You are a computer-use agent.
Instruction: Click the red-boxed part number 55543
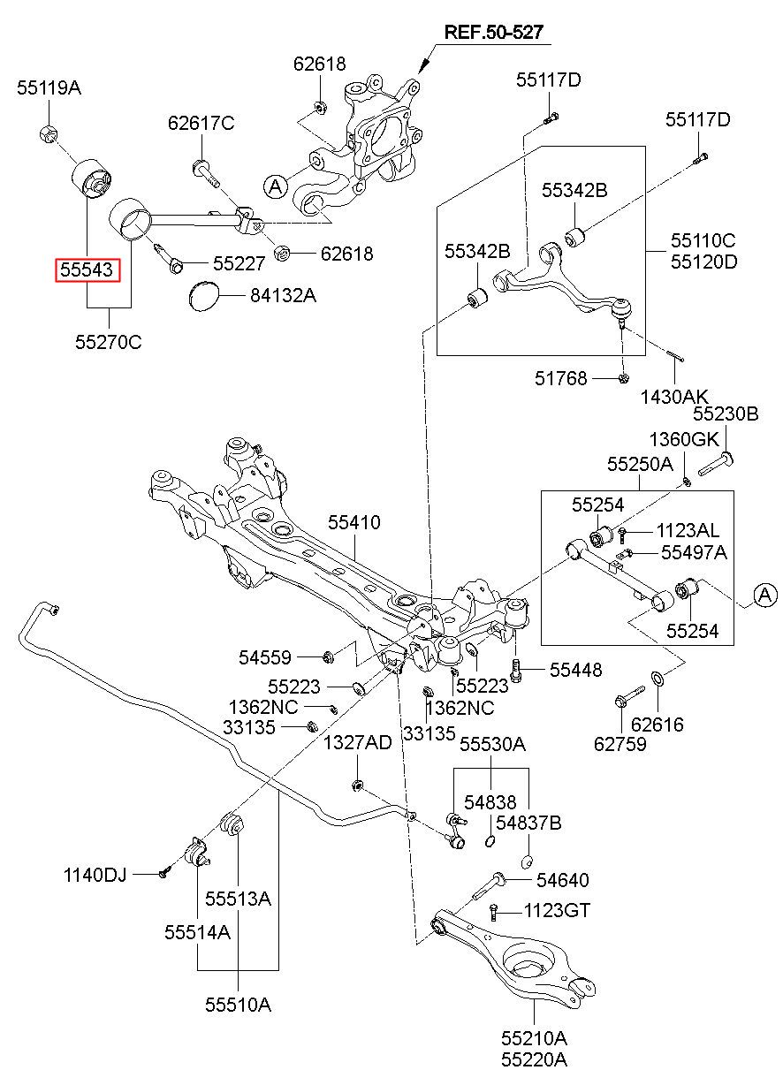tap(87, 269)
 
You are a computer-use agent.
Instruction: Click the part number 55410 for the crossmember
tap(354, 522)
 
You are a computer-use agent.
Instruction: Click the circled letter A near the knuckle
tap(276, 186)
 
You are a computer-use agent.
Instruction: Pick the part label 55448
tap(575, 670)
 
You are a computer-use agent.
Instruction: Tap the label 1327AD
tap(356, 742)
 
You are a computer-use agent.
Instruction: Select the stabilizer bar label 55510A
tap(238, 1004)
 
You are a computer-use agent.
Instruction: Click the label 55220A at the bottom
tap(534, 1058)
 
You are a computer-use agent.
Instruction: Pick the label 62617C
tap(201, 124)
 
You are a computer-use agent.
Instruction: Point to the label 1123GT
tap(557, 910)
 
